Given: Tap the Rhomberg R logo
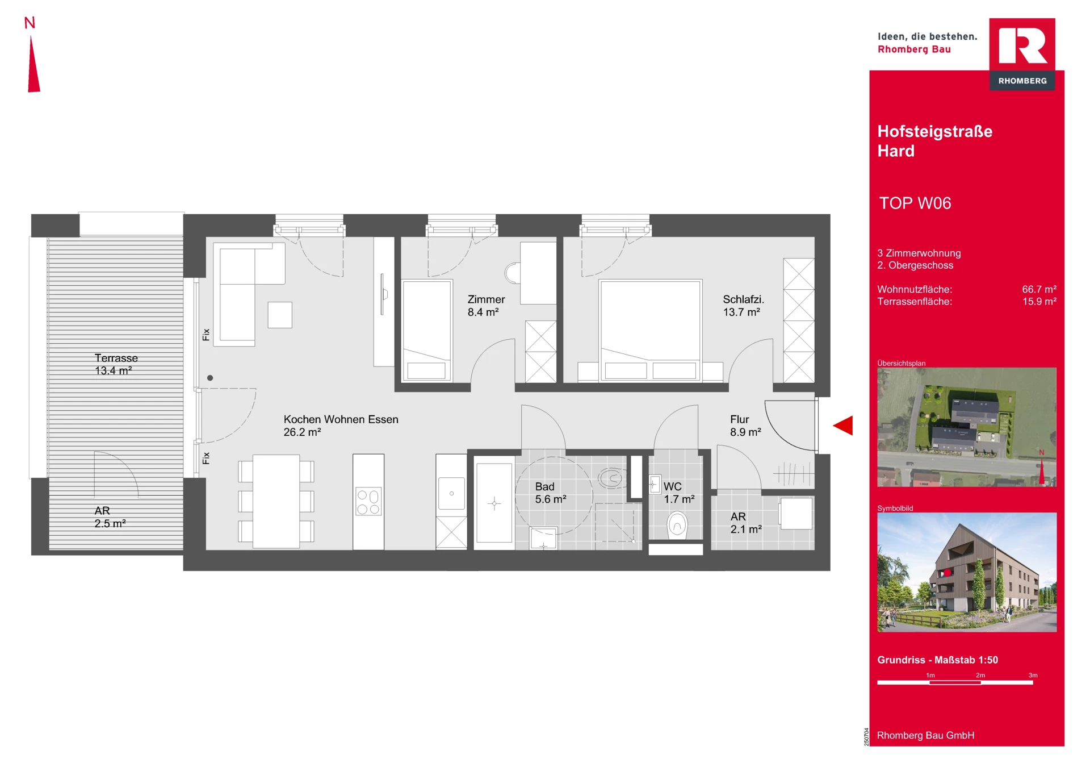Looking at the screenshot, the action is pyautogui.click(x=1022, y=54).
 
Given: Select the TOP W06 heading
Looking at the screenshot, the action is pyautogui.click(x=915, y=203).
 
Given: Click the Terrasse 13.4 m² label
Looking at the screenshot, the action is pyautogui.click(x=115, y=364).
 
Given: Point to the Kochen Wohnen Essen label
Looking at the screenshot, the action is pyautogui.click(x=341, y=426).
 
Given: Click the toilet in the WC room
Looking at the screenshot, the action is pyautogui.click(x=677, y=525).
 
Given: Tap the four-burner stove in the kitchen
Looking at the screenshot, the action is pyautogui.click(x=368, y=502).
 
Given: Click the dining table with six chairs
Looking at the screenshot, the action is pyautogui.click(x=276, y=501).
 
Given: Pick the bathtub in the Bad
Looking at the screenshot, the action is pyautogui.click(x=494, y=503).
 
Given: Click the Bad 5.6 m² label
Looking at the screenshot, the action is pyautogui.click(x=550, y=493).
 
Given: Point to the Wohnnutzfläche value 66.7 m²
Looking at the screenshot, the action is pyautogui.click(x=1039, y=289).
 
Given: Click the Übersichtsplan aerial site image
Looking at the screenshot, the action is pyautogui.click(x=966, y=427).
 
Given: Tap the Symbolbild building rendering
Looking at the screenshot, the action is pyautogui.click(x=966, y=572).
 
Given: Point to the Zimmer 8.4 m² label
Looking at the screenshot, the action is pyautogui.click(x=486, y=306).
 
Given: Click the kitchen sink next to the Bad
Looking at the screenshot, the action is pyautogui.click(x=451, y=493).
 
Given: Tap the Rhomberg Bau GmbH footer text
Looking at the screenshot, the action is pyautogui.click(x=925, y=735).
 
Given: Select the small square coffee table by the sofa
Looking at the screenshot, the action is pyautogui.click(x=280, y=315).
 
